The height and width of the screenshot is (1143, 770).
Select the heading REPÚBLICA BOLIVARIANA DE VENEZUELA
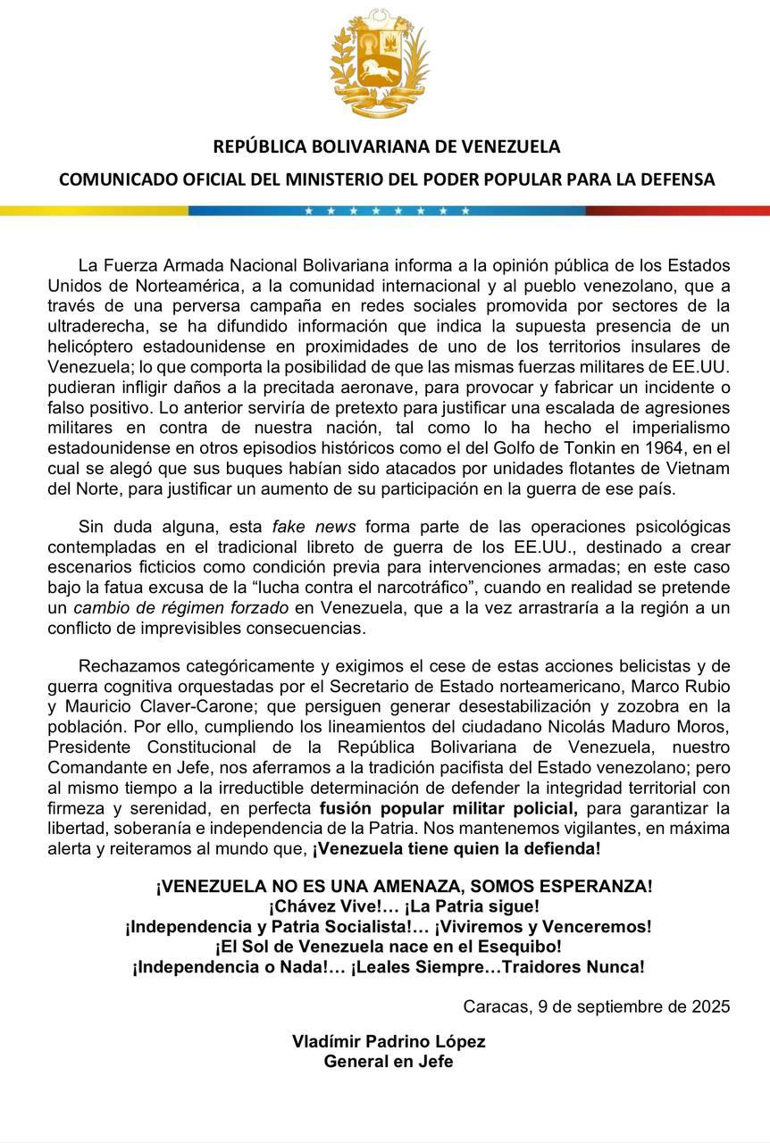coord(386,146)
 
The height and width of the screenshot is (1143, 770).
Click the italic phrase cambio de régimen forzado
coord(180,608)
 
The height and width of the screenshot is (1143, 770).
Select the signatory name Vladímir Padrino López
coord(389,1042)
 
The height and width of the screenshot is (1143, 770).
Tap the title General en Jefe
coord(389,1062)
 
